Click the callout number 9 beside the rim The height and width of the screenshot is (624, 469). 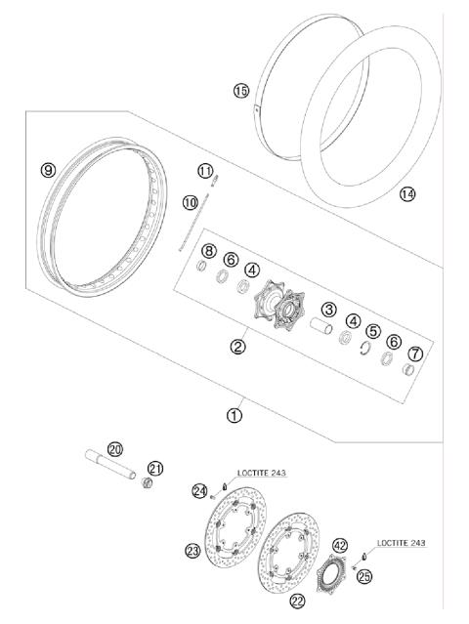48,169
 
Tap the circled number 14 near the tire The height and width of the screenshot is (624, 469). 407,194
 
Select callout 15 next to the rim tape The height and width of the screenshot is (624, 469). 241,91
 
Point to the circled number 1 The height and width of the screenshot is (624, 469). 234,414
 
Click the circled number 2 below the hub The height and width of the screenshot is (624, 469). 237,345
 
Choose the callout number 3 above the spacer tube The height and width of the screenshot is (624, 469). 329,310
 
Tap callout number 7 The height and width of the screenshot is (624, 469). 413,353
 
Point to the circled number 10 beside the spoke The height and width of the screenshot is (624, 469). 190,202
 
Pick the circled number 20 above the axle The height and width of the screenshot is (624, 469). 115,449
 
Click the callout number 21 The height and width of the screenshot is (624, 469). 154,468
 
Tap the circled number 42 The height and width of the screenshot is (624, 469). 340,546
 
